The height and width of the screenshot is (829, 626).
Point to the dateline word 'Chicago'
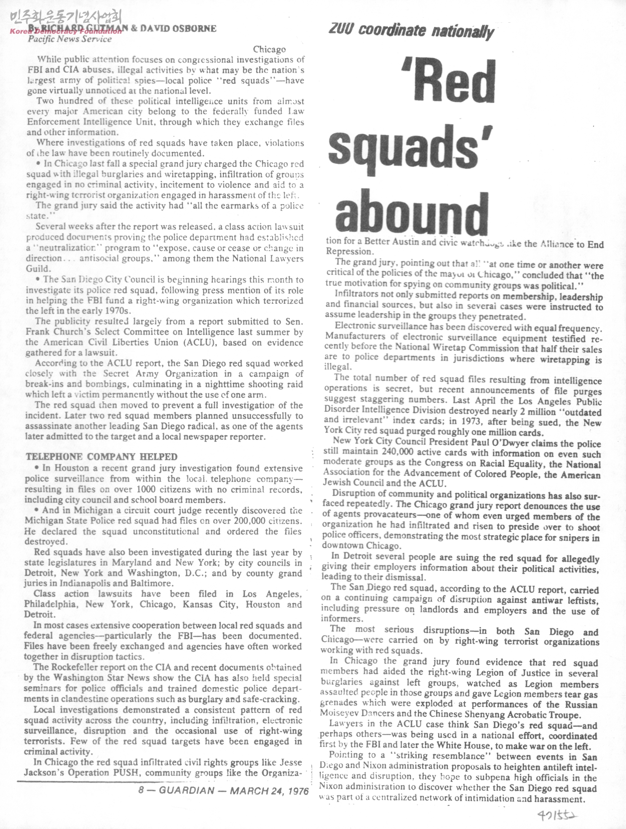tap(269, 50)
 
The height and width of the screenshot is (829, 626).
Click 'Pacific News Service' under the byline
tap(70, 39)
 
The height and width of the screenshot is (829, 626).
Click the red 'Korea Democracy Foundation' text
tap(65, 31)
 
